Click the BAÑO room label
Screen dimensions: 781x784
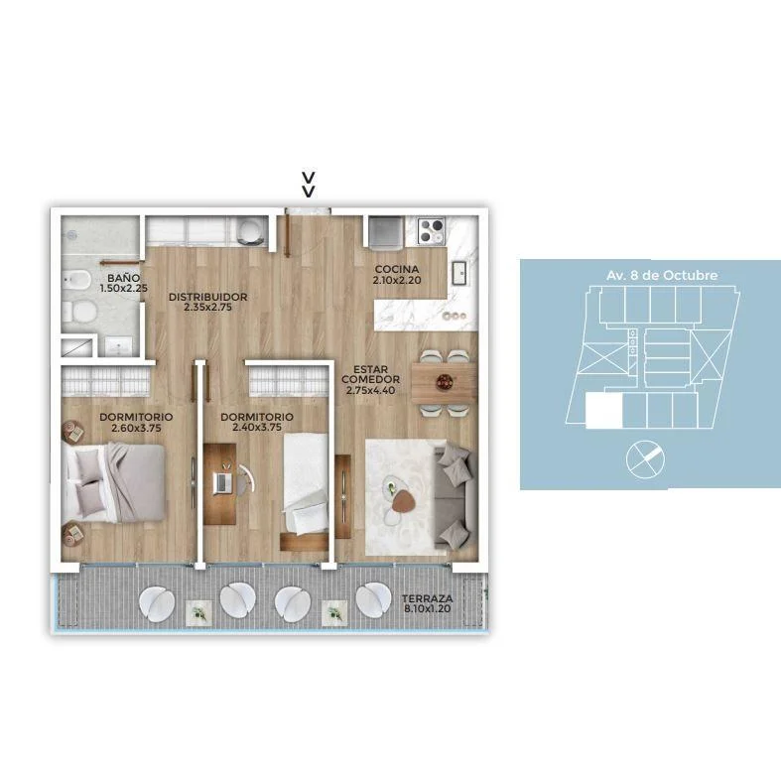pyautogui.click(x=123, y=278)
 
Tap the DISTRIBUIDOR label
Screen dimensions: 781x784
pyautogui.click(x=208, y=297)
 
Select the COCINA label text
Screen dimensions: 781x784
pyautogui.click(x=397, y=270)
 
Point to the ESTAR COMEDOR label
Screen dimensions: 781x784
pyautogui.click(x=371, y=374)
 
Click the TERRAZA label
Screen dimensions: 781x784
pyautogui.click(x=428, y=598)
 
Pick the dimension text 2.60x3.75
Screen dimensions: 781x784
pyautogui.click(x=136, y=428)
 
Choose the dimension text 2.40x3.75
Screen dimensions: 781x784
pyautogui.click(x=257, y=428)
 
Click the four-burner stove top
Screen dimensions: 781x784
pyautogui.click(x=431, y=231)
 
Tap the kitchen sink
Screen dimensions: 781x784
pyautogui.click(x=459, y=274)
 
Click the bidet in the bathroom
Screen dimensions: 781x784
pyautogui.click(x=76, y=280)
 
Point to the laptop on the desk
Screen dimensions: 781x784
pyautogui.click(x=221, y=482)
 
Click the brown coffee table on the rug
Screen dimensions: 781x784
pyautogui.click(x=403, y=501)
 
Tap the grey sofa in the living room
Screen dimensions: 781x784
pyautogui.click(x=455, y=494)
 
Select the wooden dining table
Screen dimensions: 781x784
pyautogui.click(x=444, y=383)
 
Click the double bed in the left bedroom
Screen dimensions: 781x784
pyautogui.click(x=114, y=483)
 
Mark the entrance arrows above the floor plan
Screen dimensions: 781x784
pyautogui.click(x=309, y=185)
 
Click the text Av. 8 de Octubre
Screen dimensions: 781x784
pyautogui.click(x=662, y=276)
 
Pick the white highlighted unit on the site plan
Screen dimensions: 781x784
pyautogui.click(x=604, y=411)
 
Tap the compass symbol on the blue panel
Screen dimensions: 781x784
pyautogui.click(x=645, y=459)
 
